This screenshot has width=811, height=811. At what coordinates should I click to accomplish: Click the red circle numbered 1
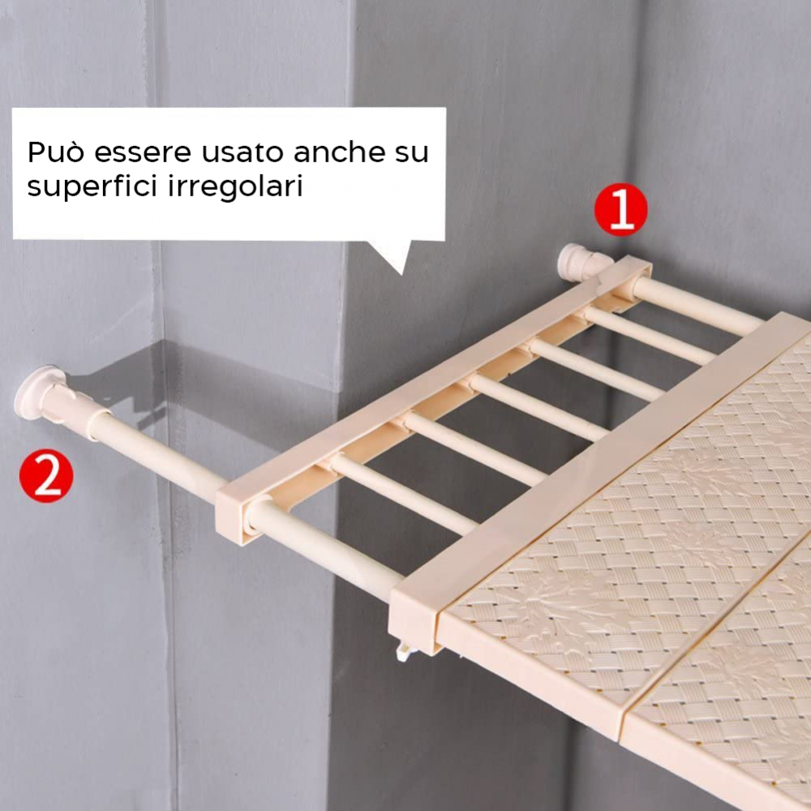(620, 210)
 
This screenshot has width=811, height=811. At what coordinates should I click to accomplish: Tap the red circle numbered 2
(46, 477)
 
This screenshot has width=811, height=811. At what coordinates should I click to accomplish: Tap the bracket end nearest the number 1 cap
(629, 276)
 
